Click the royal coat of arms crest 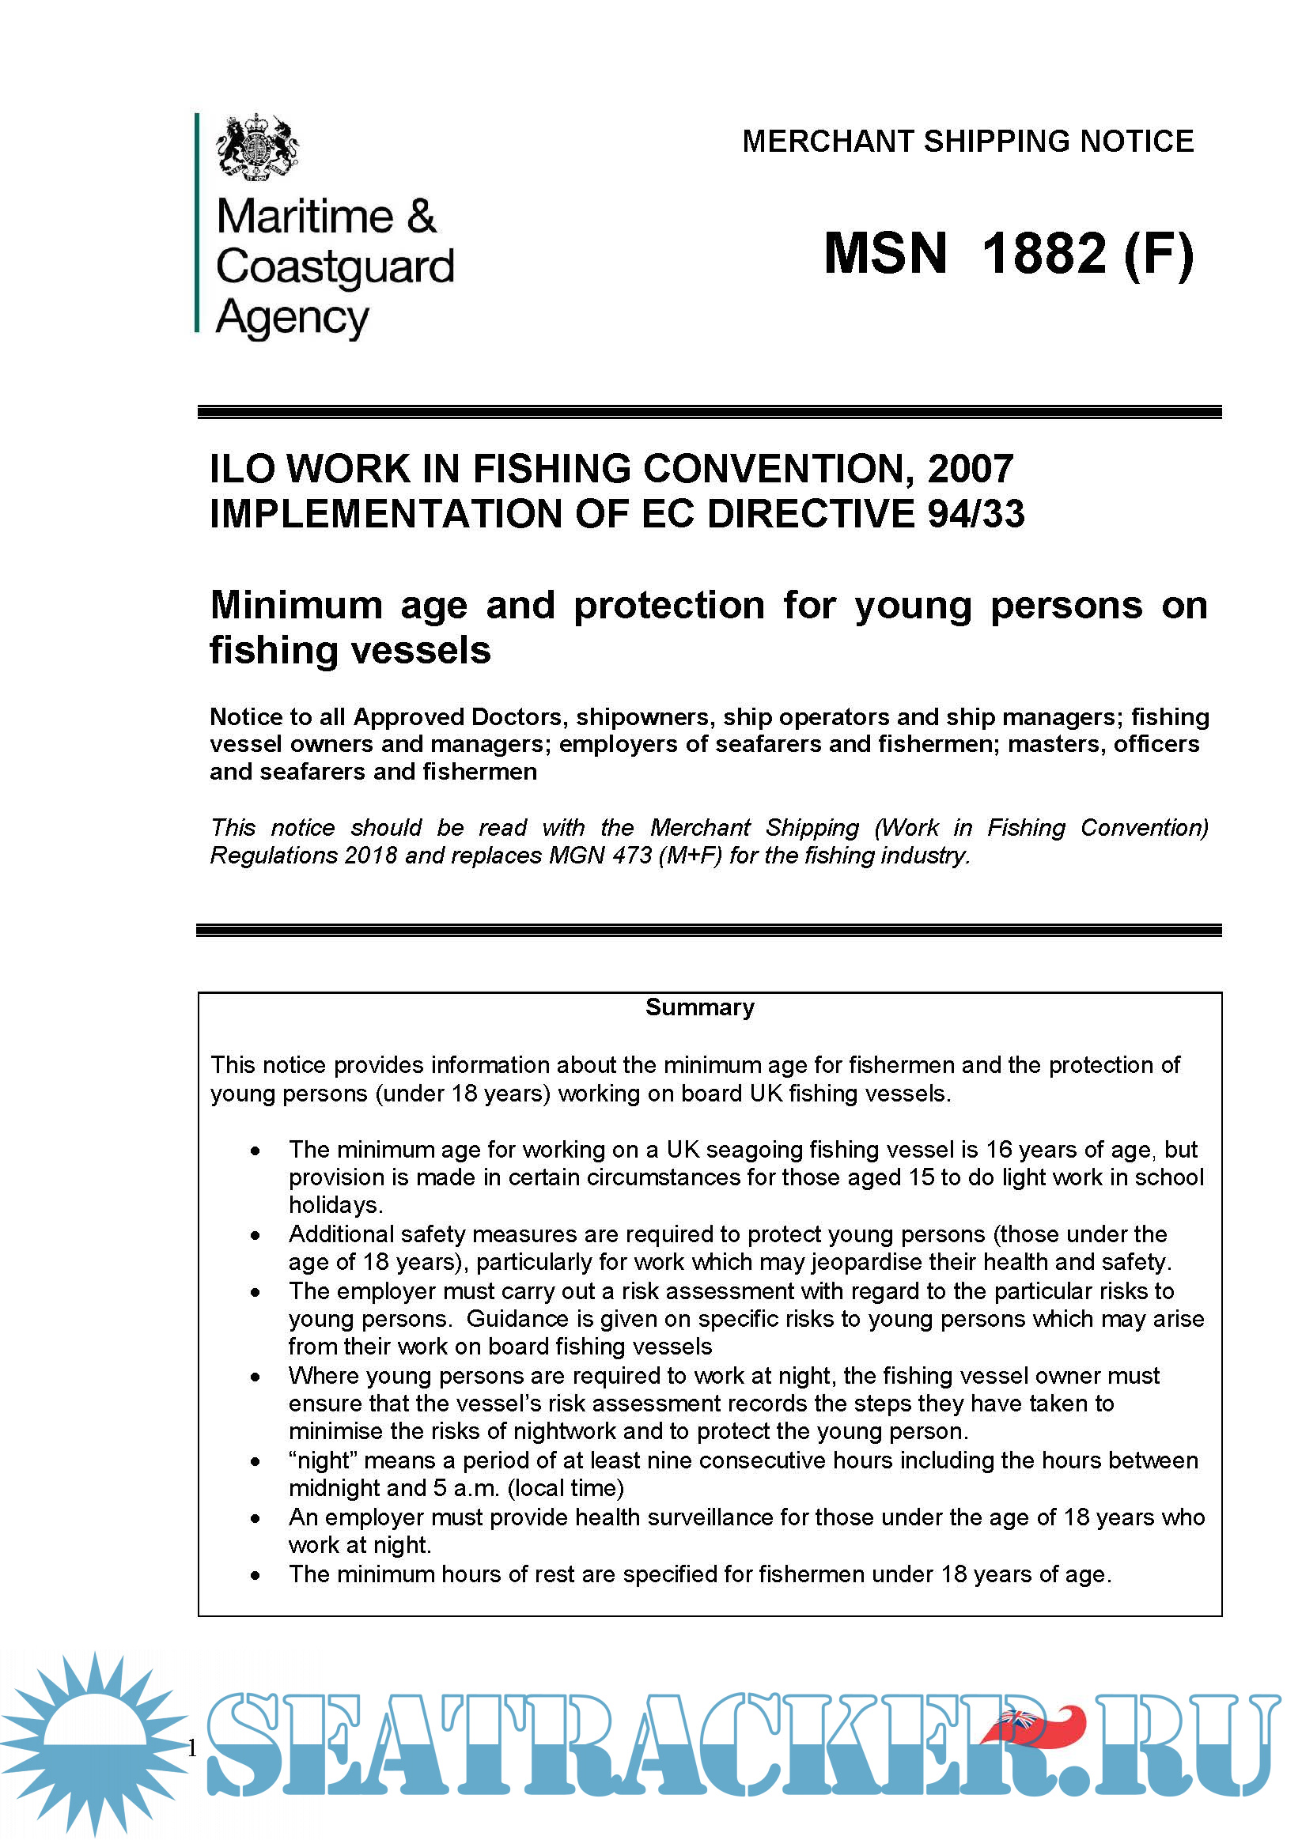(256, 145)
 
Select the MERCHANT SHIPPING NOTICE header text (967, 141)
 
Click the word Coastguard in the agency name (335, 266)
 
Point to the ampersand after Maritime (422, 217)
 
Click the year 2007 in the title (970, 469)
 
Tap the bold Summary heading (700, 1007)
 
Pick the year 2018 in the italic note (370, 856)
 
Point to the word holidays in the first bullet (335, 1204)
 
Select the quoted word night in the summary (324, 1460)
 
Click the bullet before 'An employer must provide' (255, 1519)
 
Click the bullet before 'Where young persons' (255, 1377)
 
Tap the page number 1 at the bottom (191, 1748)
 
